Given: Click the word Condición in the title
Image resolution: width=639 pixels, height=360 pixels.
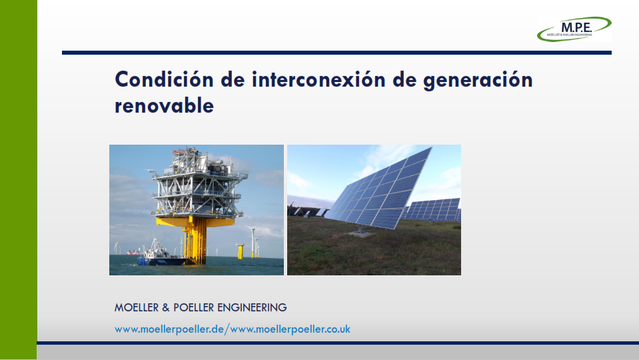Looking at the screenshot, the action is tap(164, 79).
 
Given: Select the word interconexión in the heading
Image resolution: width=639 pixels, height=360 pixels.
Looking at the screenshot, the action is tap(319, 79).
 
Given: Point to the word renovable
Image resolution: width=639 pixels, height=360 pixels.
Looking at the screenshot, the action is tap(164, 105).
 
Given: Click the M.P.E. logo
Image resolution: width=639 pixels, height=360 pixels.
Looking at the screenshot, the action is tap(574, 29).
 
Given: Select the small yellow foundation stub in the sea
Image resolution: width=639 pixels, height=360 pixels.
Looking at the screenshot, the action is tap(241, 251).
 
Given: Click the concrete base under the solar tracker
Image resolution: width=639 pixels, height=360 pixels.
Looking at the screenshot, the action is tap(360, 234).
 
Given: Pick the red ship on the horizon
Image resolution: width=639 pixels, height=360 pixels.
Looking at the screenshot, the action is tap(133, 253).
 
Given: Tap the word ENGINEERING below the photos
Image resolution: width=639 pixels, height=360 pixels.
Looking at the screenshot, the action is tap(252, 307).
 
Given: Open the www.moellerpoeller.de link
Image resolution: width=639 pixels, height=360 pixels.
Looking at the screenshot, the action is tap(169, 329).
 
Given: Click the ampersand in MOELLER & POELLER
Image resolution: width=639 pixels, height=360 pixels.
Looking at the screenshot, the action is tap(166, 307).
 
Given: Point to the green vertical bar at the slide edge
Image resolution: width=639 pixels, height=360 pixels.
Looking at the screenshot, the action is tap(19, 180).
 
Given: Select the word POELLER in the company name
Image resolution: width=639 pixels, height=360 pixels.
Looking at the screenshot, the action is tap(194, 307).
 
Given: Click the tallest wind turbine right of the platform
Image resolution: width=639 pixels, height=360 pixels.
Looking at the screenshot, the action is tap(253, 239).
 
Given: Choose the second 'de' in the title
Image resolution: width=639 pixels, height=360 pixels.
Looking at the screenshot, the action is tap(404, 79).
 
